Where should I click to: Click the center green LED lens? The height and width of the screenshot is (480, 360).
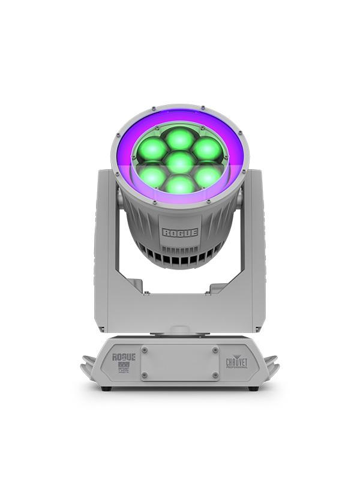click(x=180, y=162)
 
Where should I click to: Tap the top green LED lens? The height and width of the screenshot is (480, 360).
click(x=180, y=139)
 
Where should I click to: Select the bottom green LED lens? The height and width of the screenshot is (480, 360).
click(x=180, y=184)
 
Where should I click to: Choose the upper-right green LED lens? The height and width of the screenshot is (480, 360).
click(x=208, y=148)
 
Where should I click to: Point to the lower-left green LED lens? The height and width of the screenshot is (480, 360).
click(x=152, y=176)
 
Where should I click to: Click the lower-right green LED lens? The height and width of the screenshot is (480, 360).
click(x=208, y=176)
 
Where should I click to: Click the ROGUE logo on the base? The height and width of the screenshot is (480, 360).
click(x=124, y=357)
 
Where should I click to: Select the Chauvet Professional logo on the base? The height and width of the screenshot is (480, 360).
click(x=236, y=363)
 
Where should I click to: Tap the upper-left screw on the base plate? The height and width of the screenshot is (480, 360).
click(x=144, y=349)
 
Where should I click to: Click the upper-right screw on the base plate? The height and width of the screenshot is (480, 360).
click(x=215, y=349)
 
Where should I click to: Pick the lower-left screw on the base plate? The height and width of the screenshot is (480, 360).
click(x=144, y=375)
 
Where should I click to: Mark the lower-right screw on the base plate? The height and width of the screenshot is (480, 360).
click(x=215, y=375)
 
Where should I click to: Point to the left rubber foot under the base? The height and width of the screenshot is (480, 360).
click(x=106, y=389)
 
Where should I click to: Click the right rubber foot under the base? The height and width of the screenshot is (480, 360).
click(x=253, y=389)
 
